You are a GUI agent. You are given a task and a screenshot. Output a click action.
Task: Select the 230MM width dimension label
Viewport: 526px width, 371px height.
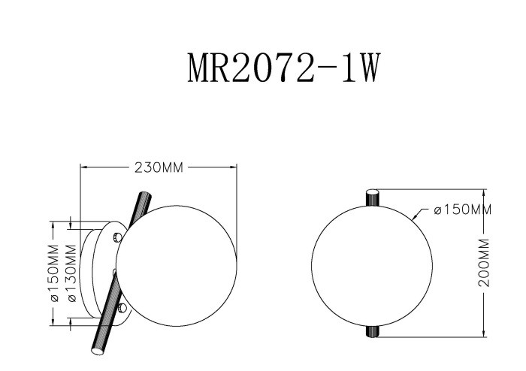(159, 167)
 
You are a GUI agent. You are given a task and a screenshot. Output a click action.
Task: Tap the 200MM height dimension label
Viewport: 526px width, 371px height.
(485, 263)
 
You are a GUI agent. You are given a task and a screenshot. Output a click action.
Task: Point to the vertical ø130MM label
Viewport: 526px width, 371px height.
(72, 273)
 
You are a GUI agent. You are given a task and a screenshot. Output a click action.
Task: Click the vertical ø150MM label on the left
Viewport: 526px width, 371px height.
(55, 273)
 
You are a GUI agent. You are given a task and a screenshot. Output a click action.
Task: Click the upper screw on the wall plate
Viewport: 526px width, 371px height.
(116, 238)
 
